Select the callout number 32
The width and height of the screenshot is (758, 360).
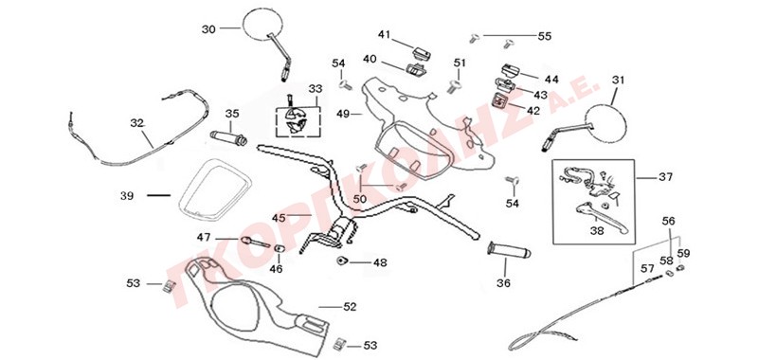tap(137, 123)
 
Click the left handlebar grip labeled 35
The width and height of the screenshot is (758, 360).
tap(228, 137)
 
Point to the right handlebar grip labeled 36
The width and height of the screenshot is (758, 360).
tap(508, 250)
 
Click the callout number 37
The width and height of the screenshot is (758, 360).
tap(665, 177)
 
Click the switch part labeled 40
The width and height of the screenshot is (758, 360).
tap(416, 68)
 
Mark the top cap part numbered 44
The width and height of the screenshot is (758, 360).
tap(510, 70)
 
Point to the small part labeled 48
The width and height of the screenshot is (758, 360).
tap(343, 261)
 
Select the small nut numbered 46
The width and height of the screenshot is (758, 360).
tap(280, 249)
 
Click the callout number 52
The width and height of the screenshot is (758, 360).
tap(350, 307)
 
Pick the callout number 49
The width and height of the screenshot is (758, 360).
tap(343, 114)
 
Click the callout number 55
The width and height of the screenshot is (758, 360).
tap(544, 36)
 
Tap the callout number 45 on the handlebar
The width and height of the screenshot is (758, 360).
tap(279, 218)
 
